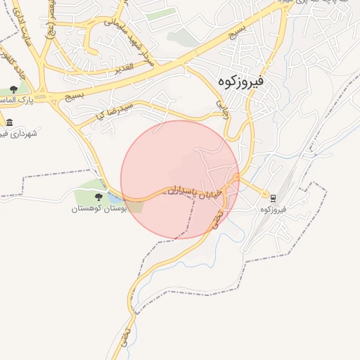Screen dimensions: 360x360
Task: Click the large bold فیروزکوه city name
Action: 240,82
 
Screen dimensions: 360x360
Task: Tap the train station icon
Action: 274,197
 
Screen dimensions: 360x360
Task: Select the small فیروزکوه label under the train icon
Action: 274,210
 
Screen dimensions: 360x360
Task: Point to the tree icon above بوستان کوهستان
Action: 98,197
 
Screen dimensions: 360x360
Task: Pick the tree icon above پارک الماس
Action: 13,89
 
